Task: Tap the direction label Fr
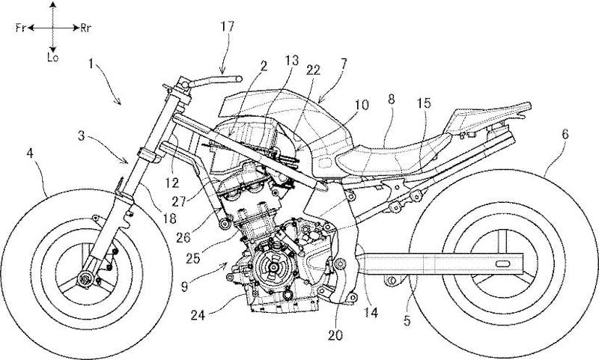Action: pos(22,28)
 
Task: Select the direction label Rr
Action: pos(88,28)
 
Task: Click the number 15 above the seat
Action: pos(425,105)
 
